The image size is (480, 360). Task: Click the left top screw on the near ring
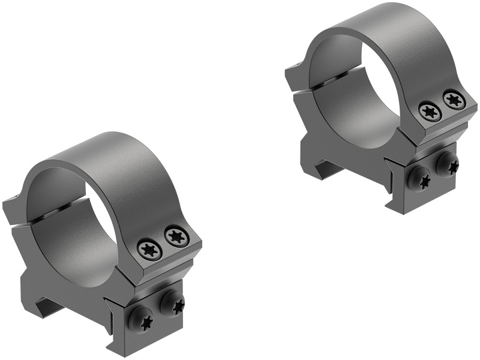point(149,248)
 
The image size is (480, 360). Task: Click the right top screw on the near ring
point(176,236)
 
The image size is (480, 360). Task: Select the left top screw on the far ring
point(430,111)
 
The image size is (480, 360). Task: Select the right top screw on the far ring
point(454,99)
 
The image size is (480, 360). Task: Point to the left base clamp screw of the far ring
point(420,179)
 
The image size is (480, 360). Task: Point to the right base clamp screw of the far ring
point(447,164)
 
